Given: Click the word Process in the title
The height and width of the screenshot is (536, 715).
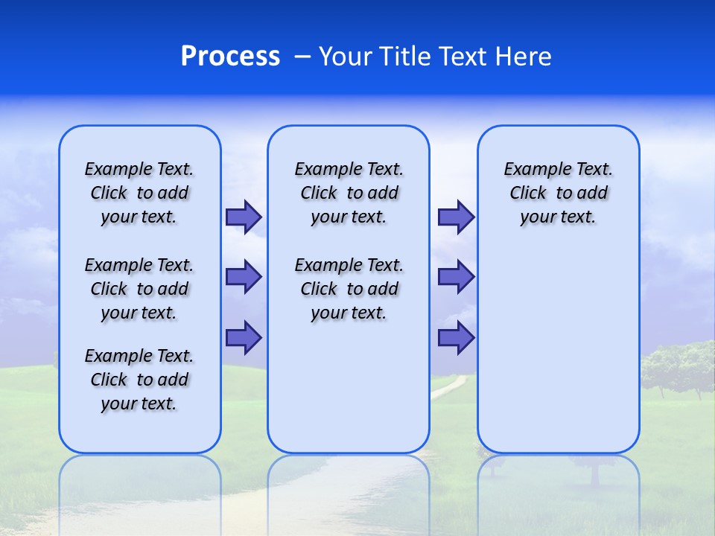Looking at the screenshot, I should (230, 57).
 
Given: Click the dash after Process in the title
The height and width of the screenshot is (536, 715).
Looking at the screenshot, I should (302, 57).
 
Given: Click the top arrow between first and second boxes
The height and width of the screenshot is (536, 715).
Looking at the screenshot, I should (243, 217).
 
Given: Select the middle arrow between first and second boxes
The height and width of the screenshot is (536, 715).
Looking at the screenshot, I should (243, 277).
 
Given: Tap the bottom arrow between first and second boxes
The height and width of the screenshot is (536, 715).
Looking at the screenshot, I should (243, 337).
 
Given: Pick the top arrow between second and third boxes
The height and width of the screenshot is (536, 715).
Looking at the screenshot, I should (456, 217).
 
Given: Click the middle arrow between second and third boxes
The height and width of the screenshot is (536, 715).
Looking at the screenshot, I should (456, 277).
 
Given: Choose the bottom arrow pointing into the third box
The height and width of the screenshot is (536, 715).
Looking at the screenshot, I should (456, 338).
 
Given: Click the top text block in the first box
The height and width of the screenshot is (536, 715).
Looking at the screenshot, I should (139, 193).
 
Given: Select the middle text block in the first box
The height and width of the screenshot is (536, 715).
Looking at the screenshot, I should (139, 289).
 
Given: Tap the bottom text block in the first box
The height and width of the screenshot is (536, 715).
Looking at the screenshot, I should (139, 380).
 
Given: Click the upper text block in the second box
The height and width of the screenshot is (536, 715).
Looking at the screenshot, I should (349, 193).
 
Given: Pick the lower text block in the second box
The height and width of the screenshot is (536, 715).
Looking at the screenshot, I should (349, 289).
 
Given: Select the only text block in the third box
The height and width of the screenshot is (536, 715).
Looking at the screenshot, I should (558, 193).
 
